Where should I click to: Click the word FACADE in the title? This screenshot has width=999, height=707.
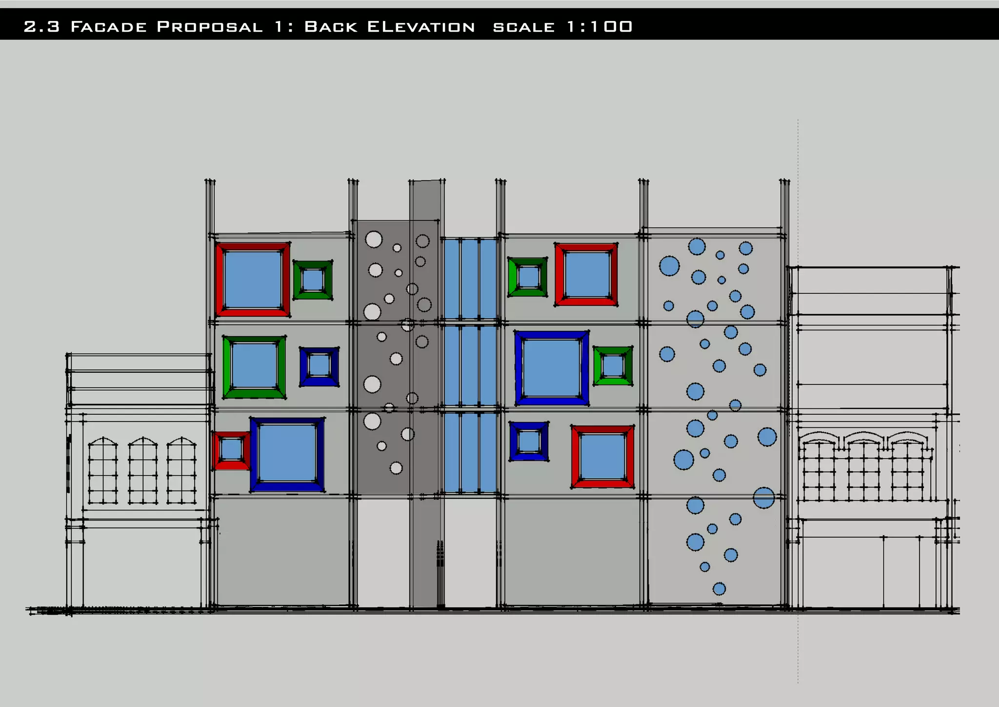point(108,27)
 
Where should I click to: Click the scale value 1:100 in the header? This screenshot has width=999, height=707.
point(599,26)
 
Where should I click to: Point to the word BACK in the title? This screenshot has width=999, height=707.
point(330,27)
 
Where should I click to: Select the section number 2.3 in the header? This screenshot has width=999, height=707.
point(41,27)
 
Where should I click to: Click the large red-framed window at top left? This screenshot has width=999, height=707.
point(252,280)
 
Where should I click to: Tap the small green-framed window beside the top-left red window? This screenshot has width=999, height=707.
point(313,280)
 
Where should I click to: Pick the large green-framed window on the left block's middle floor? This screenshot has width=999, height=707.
point(254,367)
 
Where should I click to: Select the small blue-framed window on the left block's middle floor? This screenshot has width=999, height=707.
point(319,366)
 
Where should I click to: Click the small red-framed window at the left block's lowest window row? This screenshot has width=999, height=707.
point(231,450)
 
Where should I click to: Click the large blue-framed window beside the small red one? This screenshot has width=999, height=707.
point(287,454)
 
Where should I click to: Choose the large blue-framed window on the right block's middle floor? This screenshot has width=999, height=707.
point(552,368)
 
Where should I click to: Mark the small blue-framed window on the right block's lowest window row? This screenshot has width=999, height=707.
point(528,442)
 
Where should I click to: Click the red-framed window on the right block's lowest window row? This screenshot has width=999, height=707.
point(602,457)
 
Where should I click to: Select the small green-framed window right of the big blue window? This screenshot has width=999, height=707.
point(613,366)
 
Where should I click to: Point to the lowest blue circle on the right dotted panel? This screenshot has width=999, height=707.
point(719,588)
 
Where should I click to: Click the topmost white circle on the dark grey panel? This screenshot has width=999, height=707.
point(374,240)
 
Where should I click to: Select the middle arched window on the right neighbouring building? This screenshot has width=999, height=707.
point(863,468)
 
